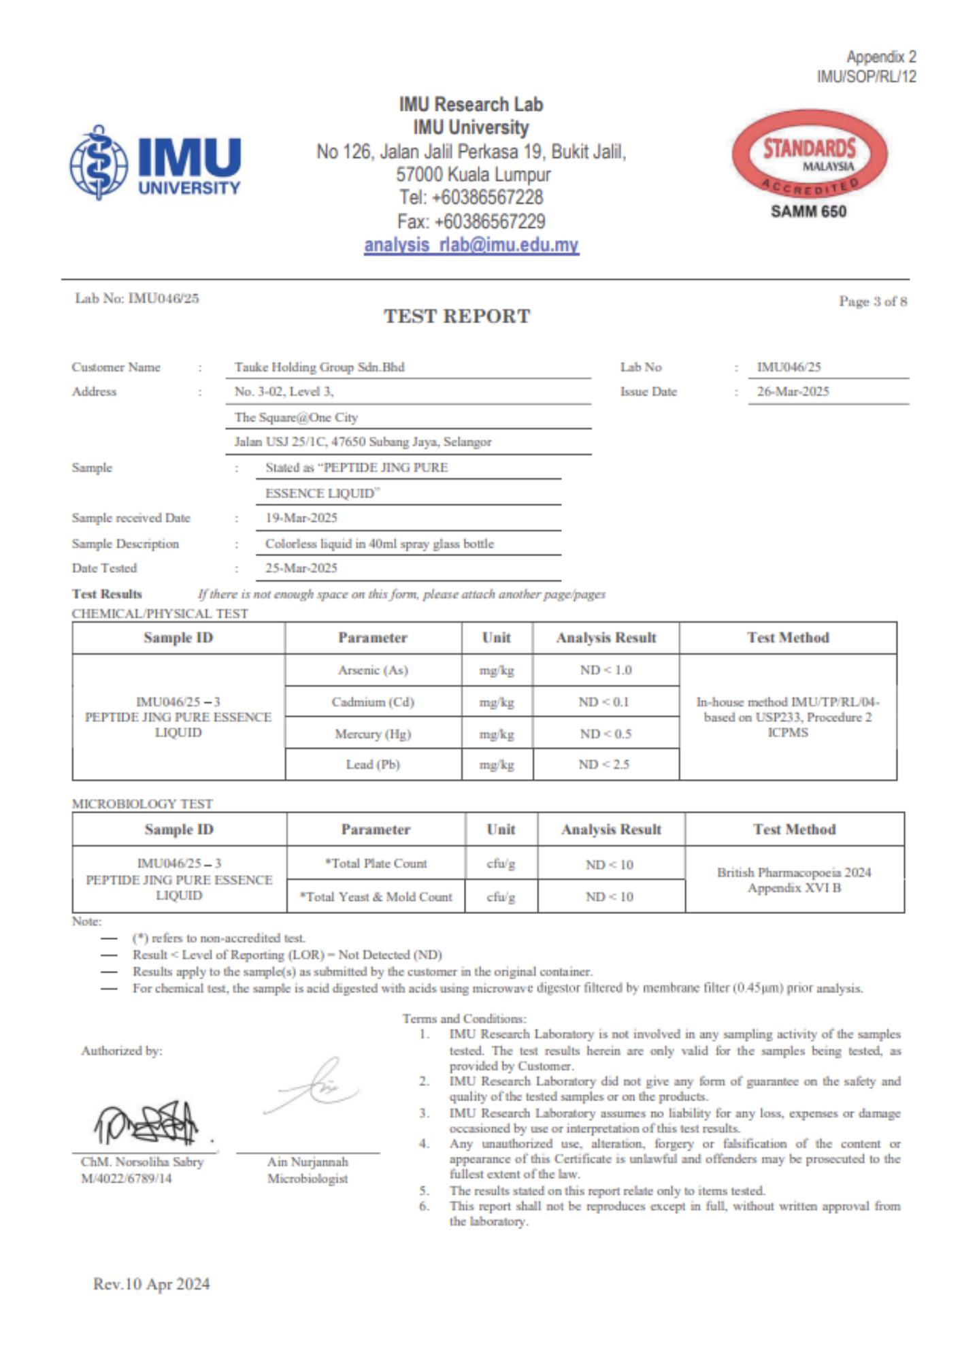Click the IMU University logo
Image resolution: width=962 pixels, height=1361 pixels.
point(155,163)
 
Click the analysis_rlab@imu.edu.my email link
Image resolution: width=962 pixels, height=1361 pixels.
point(471,245)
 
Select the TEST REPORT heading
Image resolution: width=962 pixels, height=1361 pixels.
point(457,316)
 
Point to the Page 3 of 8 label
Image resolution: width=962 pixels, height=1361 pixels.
point(872,301)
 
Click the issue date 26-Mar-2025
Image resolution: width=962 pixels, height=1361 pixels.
point(793,391)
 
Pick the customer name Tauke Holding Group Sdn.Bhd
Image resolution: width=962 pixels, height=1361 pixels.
point(319,367)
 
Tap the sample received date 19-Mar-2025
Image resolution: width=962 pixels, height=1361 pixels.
point(301,518)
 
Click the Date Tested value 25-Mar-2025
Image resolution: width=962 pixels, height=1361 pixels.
point(301,568)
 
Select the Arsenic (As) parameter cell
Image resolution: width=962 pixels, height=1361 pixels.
point(373,670)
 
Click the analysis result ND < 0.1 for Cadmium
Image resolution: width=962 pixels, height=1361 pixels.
point(604,702)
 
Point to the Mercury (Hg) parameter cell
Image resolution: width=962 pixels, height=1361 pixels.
point(373,734)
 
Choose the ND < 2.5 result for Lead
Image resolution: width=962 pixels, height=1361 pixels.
point(604,764)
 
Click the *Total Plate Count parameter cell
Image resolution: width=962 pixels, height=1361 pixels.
point(376,864)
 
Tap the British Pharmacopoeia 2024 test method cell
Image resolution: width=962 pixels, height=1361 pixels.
point(794,880)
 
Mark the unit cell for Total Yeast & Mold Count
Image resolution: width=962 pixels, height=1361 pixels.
point(501,897)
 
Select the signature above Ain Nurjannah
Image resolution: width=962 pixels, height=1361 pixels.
point(314,1087)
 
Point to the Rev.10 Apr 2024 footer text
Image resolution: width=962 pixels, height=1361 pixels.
point(151,1284)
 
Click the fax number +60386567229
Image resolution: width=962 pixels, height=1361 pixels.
point(471,221)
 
